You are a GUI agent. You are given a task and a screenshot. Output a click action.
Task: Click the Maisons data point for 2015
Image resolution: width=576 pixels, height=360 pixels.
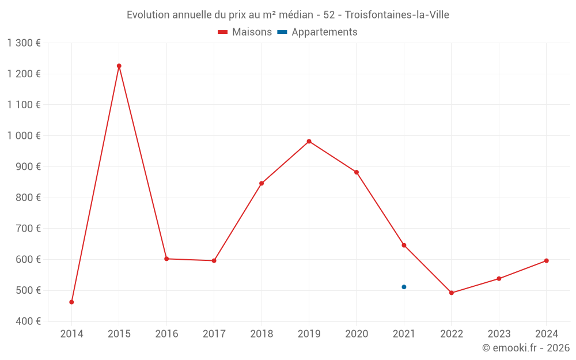click(x=119, y=66)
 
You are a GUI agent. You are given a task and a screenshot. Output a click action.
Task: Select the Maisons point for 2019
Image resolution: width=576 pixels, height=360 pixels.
click(x=309, y=141)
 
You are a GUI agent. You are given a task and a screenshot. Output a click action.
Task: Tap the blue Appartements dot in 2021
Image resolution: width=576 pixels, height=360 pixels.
click(x=404, y=287)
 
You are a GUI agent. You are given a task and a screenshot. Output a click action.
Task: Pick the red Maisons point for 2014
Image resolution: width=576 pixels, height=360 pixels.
click(x=71, y=302)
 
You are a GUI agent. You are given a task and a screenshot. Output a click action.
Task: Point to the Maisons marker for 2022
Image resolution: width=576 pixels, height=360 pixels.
click(x=452, y=293)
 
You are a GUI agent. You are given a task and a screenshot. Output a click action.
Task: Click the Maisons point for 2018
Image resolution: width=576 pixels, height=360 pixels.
click(x=262, y=183)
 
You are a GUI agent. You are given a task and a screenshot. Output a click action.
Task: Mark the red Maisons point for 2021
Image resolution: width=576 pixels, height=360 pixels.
click(x=404, y=245)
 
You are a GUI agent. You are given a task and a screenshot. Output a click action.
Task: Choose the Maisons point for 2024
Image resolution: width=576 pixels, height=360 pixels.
click(x=546, y=260)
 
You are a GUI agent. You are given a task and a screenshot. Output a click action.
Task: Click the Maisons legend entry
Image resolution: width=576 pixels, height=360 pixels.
click(x=245, y=32)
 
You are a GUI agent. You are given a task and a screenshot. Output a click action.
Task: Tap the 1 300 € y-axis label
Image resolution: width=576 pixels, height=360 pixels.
click(x=24, y=43)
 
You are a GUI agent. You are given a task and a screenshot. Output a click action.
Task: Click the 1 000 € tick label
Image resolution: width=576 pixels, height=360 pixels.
click(x=24, y=135)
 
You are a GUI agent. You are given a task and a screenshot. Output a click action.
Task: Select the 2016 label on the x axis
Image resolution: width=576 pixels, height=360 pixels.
click(x=166, y=334)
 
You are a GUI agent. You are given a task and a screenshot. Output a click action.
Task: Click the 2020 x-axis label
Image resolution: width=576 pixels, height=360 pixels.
click(x=357, y=334)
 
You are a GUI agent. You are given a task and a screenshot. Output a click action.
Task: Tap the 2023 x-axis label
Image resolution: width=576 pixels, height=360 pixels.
click(x=499, y=334)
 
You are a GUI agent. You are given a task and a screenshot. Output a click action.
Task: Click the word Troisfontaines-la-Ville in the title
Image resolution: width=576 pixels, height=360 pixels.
click(x=397, y=15)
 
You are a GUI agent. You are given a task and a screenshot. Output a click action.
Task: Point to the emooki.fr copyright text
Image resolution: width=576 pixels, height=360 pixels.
click(x=525, y=348)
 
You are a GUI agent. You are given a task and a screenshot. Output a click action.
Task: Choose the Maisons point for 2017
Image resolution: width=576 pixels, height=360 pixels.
click(x=214, y=260)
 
